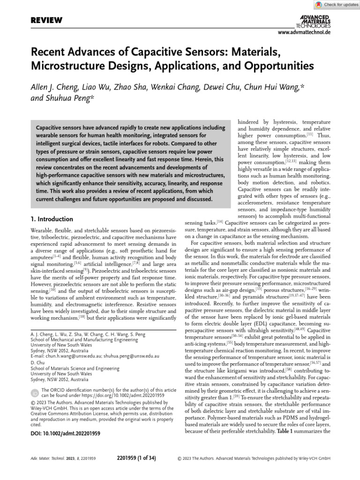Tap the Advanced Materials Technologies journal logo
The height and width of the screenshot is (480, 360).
(x=315, y=21)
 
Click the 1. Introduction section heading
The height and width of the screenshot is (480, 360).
(x=52, y=219)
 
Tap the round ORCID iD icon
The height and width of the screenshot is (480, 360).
(x=35, y=393)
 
